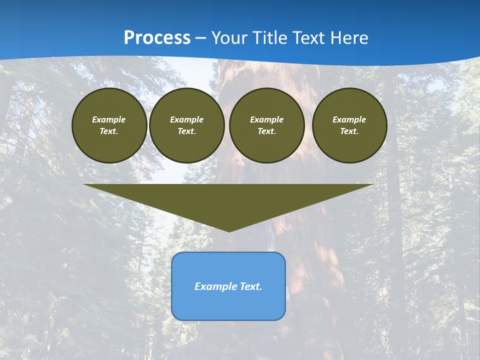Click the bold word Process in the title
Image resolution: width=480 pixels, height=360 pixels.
(x=157, y=38)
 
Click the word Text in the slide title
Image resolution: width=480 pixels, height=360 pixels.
(x=309, y=38)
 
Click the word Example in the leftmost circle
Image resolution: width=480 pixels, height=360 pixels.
(x=109, y=119)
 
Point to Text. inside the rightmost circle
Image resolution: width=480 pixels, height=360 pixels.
(x=349, y=131)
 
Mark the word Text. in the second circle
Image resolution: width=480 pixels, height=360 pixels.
(x=187, y=131)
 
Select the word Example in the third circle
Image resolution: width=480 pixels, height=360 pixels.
(x=266, y=119)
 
